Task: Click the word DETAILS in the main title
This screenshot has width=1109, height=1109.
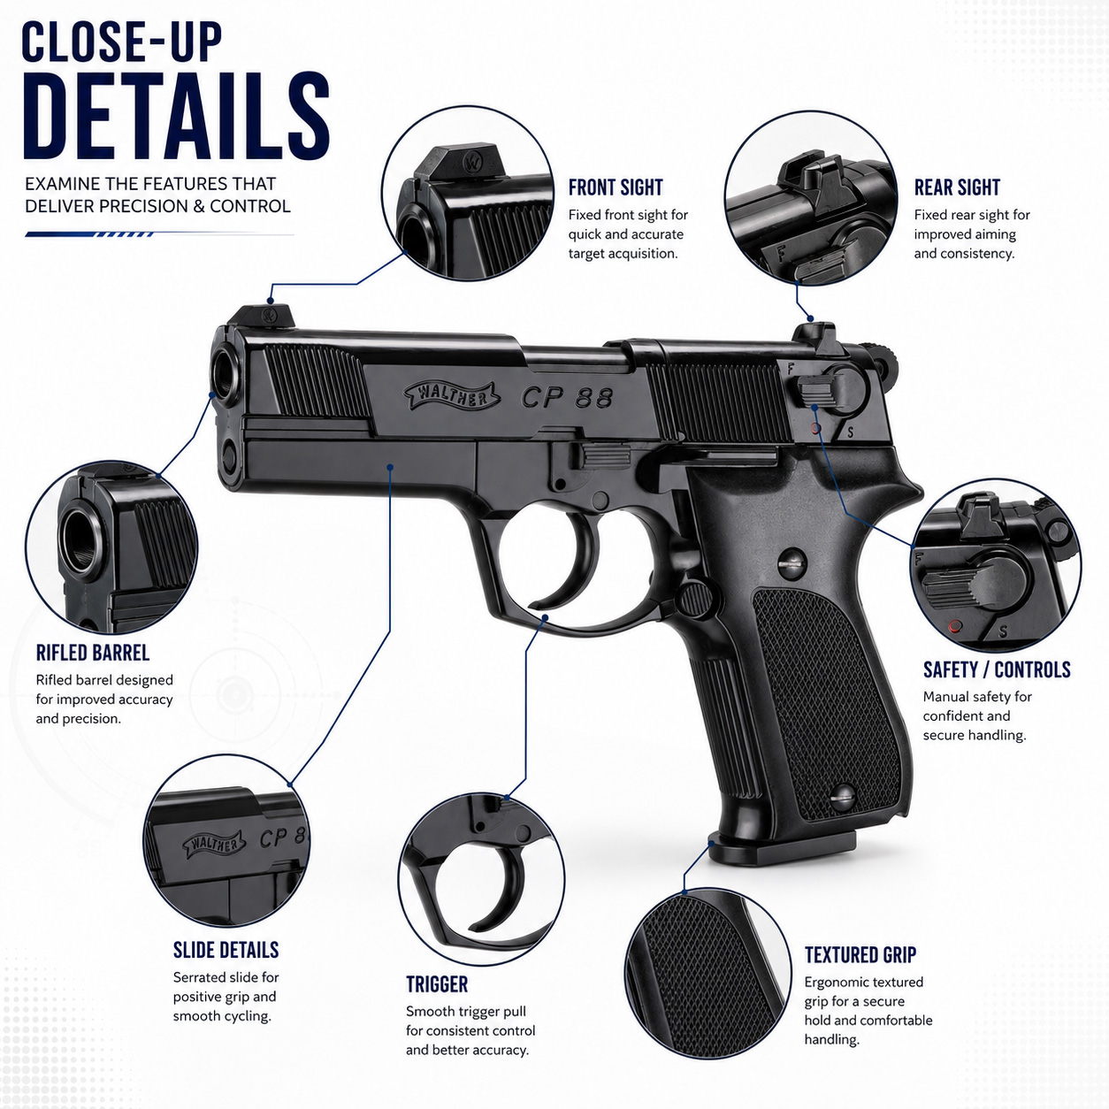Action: pyautogui.click(x=176, y=116)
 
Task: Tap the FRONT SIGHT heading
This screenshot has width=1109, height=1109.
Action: pyautogui.click(x=616, y=187)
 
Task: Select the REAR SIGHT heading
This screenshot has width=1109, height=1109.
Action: pyautogui.click(x=957, y=187)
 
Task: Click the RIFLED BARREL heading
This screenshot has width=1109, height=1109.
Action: pyautogui.click(x=93, y=654)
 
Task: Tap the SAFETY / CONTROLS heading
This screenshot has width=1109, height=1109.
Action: pyautogui.click(x=997, y=669)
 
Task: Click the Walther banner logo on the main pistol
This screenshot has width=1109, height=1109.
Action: pyautogui.click(x=451, y=396)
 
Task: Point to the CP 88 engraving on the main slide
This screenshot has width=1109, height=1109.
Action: pyautogui.click(x=567, y=397)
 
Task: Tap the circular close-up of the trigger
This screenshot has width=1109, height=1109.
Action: pyautogui.click(x=481, y=878)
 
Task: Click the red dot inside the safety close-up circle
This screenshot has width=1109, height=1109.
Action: pyautogui.click(x=955, y=626)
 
